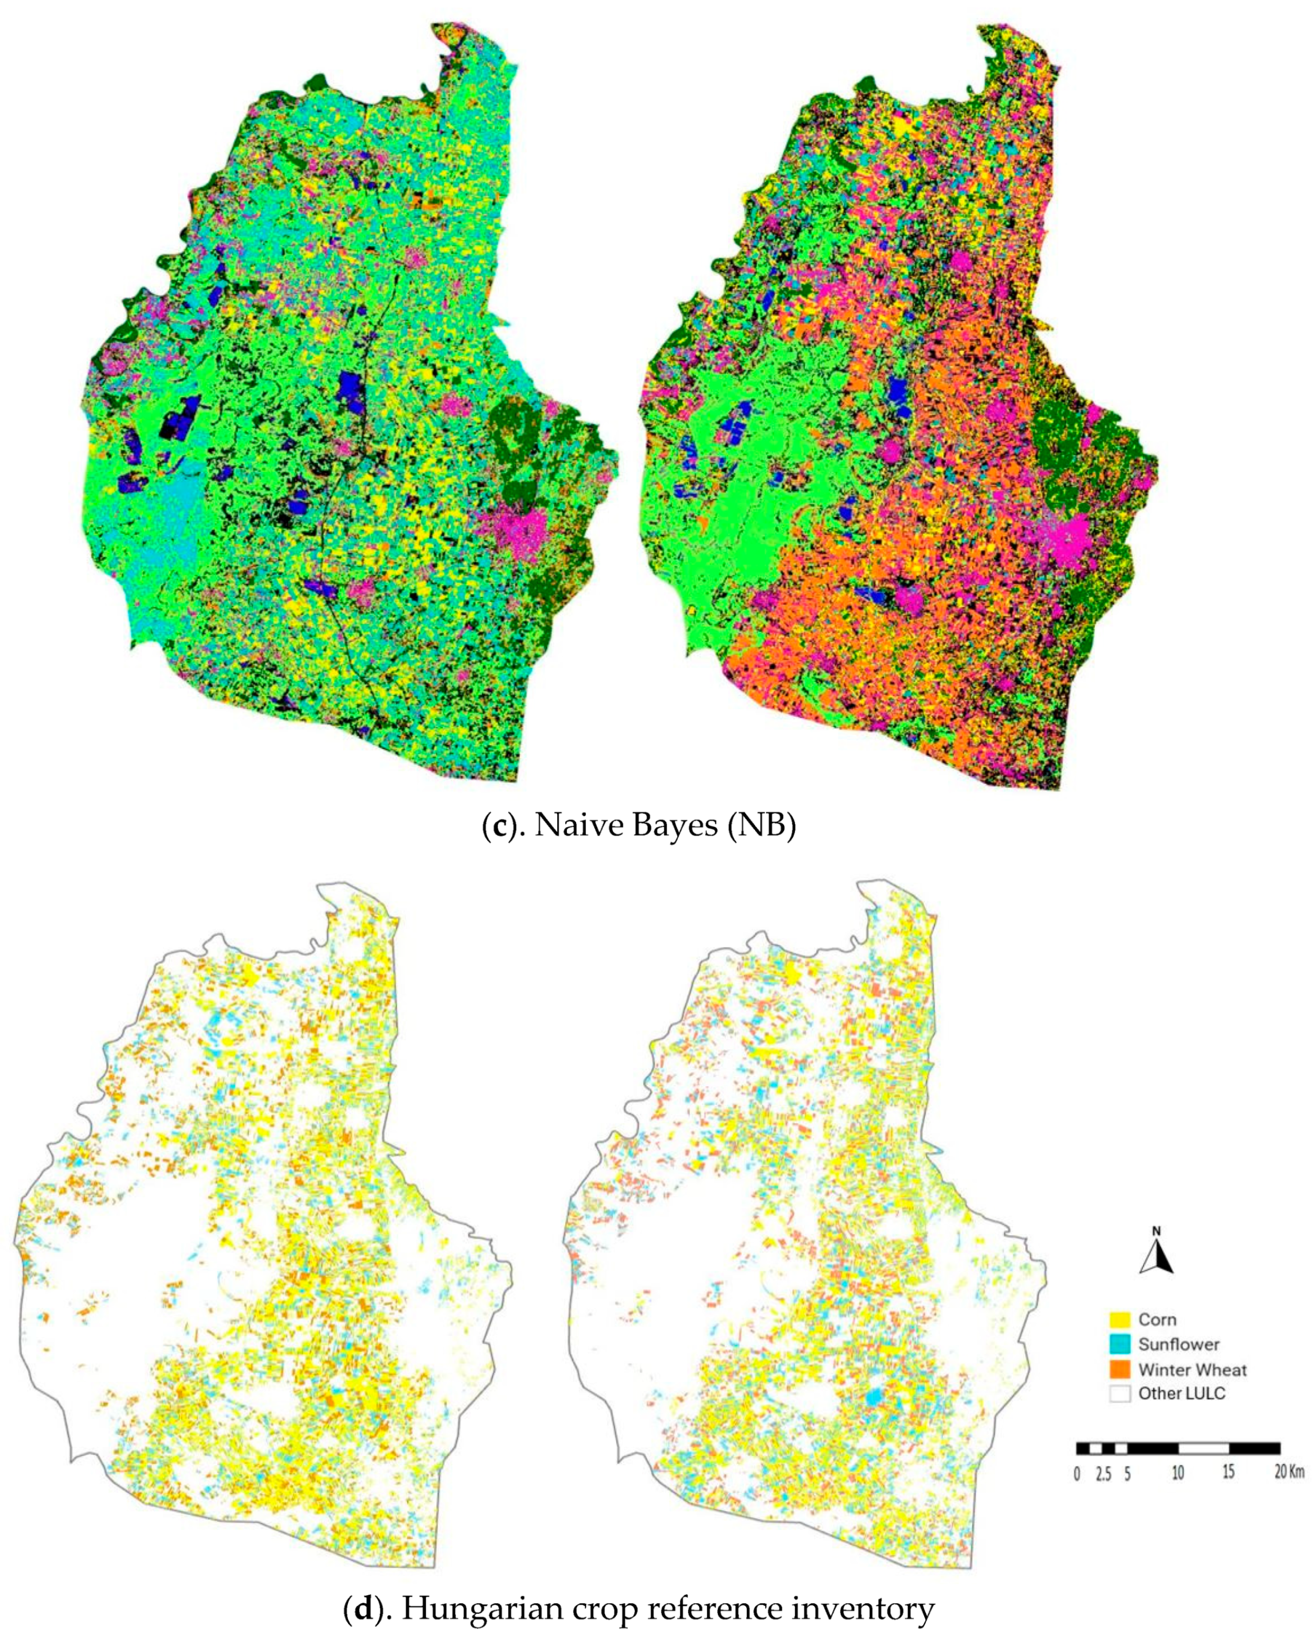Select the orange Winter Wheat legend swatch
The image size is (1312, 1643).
pyautogui.click(x=1119, y=1369)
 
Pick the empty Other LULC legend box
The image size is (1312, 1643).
pyautogui.click(x=1119, y=1394)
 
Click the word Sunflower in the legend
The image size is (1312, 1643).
pyautogui.click(x=1179, y=1344)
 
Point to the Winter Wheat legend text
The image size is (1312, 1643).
pyautogui.click(x=1192, y=1369)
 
